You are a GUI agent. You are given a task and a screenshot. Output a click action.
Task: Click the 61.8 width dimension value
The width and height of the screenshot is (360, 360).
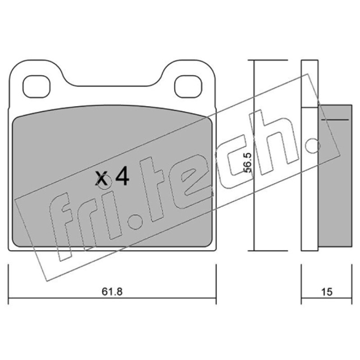pyautogui.click(x=112, y=292)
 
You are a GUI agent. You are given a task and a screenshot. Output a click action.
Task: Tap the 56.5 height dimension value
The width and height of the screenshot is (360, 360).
pyautogui.click(x=248, y=162)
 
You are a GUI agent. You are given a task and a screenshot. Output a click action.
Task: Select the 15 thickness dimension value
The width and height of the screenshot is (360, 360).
pyautogui.click(x=327, y=292)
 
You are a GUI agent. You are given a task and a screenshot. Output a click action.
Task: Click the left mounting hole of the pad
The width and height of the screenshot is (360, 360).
pyautogui.click(x=36, y=86)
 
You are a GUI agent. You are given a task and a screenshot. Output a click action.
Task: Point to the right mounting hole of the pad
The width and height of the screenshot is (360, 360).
pyautogui.click(x=188, y=86)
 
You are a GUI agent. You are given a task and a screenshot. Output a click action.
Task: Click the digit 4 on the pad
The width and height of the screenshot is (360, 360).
pyautogui.click(x=122, y=175)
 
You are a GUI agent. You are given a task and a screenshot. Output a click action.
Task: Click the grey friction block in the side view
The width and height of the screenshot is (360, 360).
pyautogui.click(x=335, y=175)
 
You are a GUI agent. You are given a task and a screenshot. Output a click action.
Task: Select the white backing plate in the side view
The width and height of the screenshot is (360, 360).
pyautogui.click(x=310, y=155)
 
